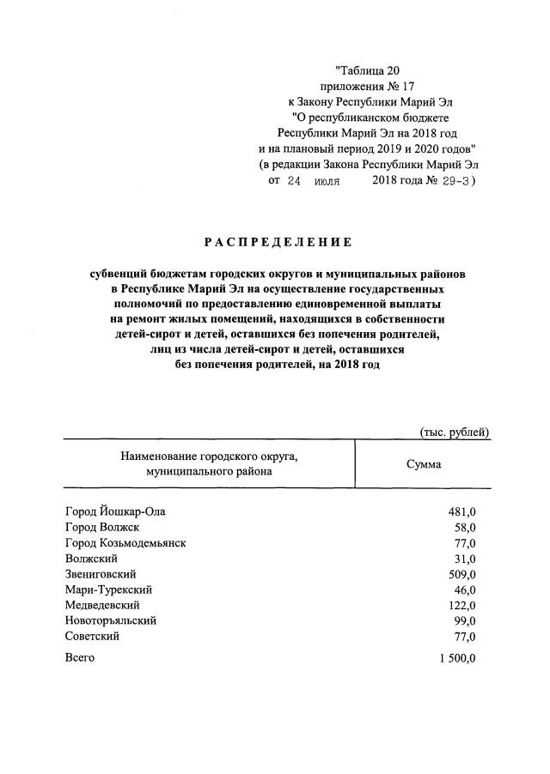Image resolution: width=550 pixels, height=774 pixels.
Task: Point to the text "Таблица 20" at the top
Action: pos(369,70)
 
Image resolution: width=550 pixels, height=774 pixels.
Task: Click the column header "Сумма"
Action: pos(424,463)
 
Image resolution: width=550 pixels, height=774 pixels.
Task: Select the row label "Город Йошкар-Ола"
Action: pos(115,511)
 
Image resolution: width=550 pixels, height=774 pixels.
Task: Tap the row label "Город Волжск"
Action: pos(102,527)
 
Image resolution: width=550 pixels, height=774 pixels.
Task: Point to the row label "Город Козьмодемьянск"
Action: pos(125,543)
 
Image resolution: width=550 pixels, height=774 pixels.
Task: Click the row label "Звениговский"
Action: pos(101,574)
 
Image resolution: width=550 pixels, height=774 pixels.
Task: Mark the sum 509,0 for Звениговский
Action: pos(461,574)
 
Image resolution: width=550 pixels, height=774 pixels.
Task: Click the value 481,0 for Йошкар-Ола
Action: pos(461,512)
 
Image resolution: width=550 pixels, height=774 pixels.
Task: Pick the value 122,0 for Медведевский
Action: pos(461,605)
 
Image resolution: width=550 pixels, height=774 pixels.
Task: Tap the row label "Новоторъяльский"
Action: pos(111,620)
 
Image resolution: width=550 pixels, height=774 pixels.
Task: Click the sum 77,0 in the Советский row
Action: pos(465,636)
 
